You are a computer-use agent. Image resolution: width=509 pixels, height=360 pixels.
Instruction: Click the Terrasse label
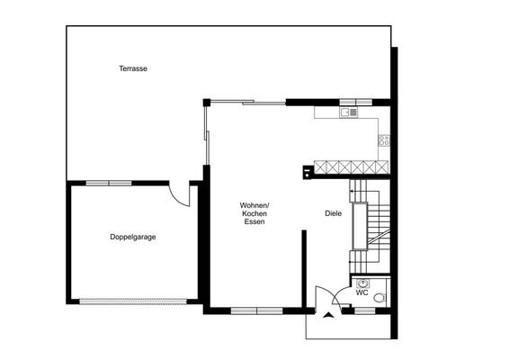[x=133, y=69]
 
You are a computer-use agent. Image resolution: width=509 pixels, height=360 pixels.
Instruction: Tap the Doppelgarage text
[x=133, y=237]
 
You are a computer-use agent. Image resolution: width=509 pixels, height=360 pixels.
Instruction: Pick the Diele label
[x=333, y=213]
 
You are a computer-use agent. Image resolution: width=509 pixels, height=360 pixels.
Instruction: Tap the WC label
[x=362, y=292]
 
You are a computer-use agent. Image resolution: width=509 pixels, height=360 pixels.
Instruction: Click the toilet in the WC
[x=380, y=297]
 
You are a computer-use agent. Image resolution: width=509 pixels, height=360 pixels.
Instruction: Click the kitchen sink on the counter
[x=347, y=112]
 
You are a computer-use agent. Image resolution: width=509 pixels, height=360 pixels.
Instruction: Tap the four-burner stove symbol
[x=383, y=139]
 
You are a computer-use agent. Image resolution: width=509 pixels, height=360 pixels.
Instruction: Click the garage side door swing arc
[x=181, y=195]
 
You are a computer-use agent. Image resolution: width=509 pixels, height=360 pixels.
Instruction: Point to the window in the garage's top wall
[x=109, y=183]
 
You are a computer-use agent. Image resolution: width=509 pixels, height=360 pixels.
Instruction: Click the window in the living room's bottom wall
[x=256, y=310]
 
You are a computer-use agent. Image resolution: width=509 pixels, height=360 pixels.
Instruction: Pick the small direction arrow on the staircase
[x=353, y=192]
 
